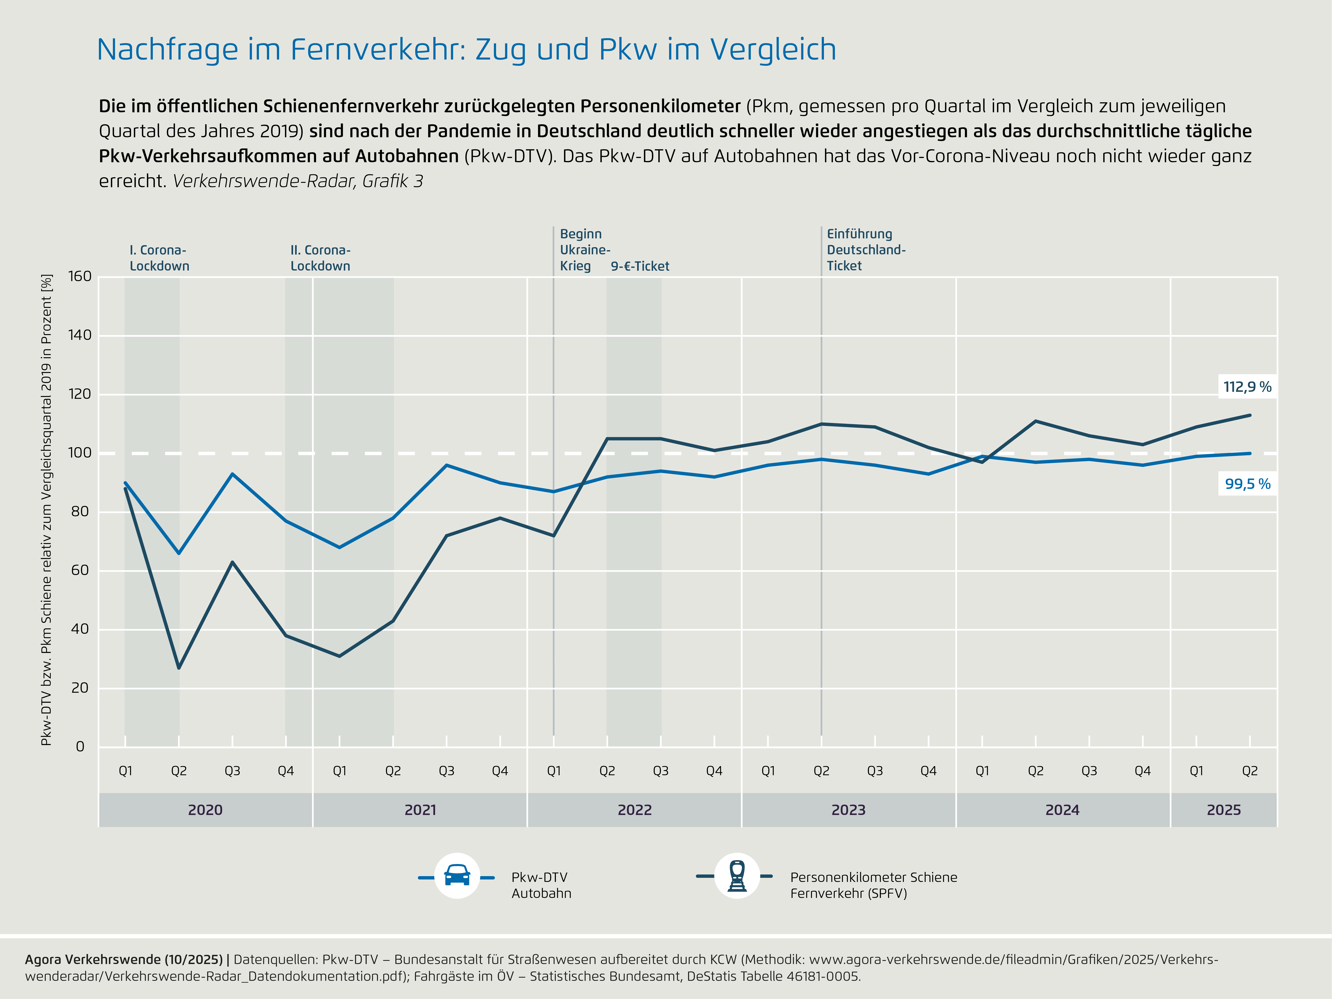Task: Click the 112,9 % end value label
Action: tap(1247, 387)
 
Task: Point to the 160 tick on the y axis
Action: tap(80, 276)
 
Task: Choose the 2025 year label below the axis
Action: tap(1224, 810)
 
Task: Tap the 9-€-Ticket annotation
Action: tap(640, 266)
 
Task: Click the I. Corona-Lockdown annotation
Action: tap(159, 258)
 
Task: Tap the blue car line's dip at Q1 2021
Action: tap(340, 547)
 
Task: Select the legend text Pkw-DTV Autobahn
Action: tap(541, 885)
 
